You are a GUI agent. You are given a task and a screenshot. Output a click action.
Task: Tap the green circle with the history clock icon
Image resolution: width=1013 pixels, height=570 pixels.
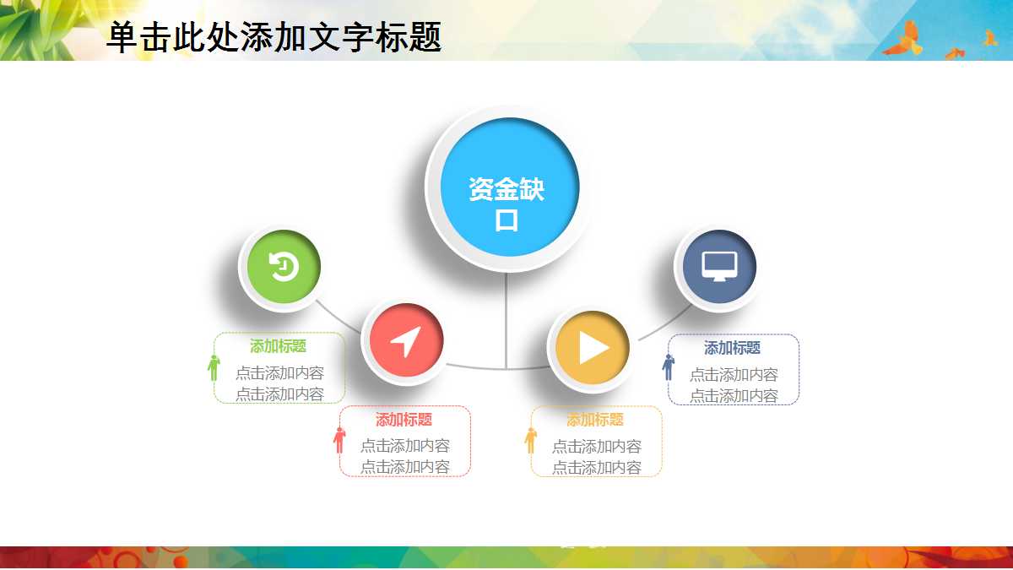coord(281,269)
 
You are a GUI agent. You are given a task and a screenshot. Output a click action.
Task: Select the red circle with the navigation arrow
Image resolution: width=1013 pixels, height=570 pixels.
coord(404,342)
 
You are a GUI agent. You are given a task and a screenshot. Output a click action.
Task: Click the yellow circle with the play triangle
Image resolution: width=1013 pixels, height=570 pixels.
coord(591,348)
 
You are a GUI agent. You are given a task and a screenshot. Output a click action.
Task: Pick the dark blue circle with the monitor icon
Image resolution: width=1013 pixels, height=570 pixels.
coord(718,267)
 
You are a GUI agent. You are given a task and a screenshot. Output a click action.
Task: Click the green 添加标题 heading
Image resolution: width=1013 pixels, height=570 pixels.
coord(278,346)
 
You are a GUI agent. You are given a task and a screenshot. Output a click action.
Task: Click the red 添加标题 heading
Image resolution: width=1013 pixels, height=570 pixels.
coord(404,420)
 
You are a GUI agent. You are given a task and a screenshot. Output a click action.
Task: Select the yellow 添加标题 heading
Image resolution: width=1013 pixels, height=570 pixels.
coord(595,420)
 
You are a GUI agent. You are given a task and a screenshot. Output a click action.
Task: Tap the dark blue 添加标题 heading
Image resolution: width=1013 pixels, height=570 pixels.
coord(732,348)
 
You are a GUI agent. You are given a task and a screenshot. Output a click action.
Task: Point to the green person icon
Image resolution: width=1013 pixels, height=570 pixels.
coord(214,367)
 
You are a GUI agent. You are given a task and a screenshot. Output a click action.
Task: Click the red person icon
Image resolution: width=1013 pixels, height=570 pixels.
coord(339,440)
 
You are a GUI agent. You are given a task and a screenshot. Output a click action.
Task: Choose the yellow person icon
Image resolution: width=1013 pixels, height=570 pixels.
coord(531,440)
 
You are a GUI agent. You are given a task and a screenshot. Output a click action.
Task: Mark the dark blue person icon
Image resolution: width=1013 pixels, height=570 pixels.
coord(668,367)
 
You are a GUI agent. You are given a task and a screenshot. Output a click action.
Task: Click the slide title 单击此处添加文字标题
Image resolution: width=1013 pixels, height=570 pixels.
coord(274,37)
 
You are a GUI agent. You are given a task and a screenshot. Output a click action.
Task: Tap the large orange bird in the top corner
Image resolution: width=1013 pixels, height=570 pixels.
coord(902,41)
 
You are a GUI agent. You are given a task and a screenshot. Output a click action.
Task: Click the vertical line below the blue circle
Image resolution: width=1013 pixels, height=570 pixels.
coord(506,321)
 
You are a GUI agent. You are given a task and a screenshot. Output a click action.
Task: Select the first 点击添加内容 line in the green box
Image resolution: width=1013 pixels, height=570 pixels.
coord(279,372)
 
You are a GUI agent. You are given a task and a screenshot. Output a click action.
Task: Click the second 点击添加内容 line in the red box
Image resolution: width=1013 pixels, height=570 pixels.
coord(404,466)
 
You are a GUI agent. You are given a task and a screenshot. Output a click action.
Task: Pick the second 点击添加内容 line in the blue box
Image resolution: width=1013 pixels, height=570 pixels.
coord(734,395)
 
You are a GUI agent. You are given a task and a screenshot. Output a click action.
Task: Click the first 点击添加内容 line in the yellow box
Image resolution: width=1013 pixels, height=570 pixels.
coord(596,446)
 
